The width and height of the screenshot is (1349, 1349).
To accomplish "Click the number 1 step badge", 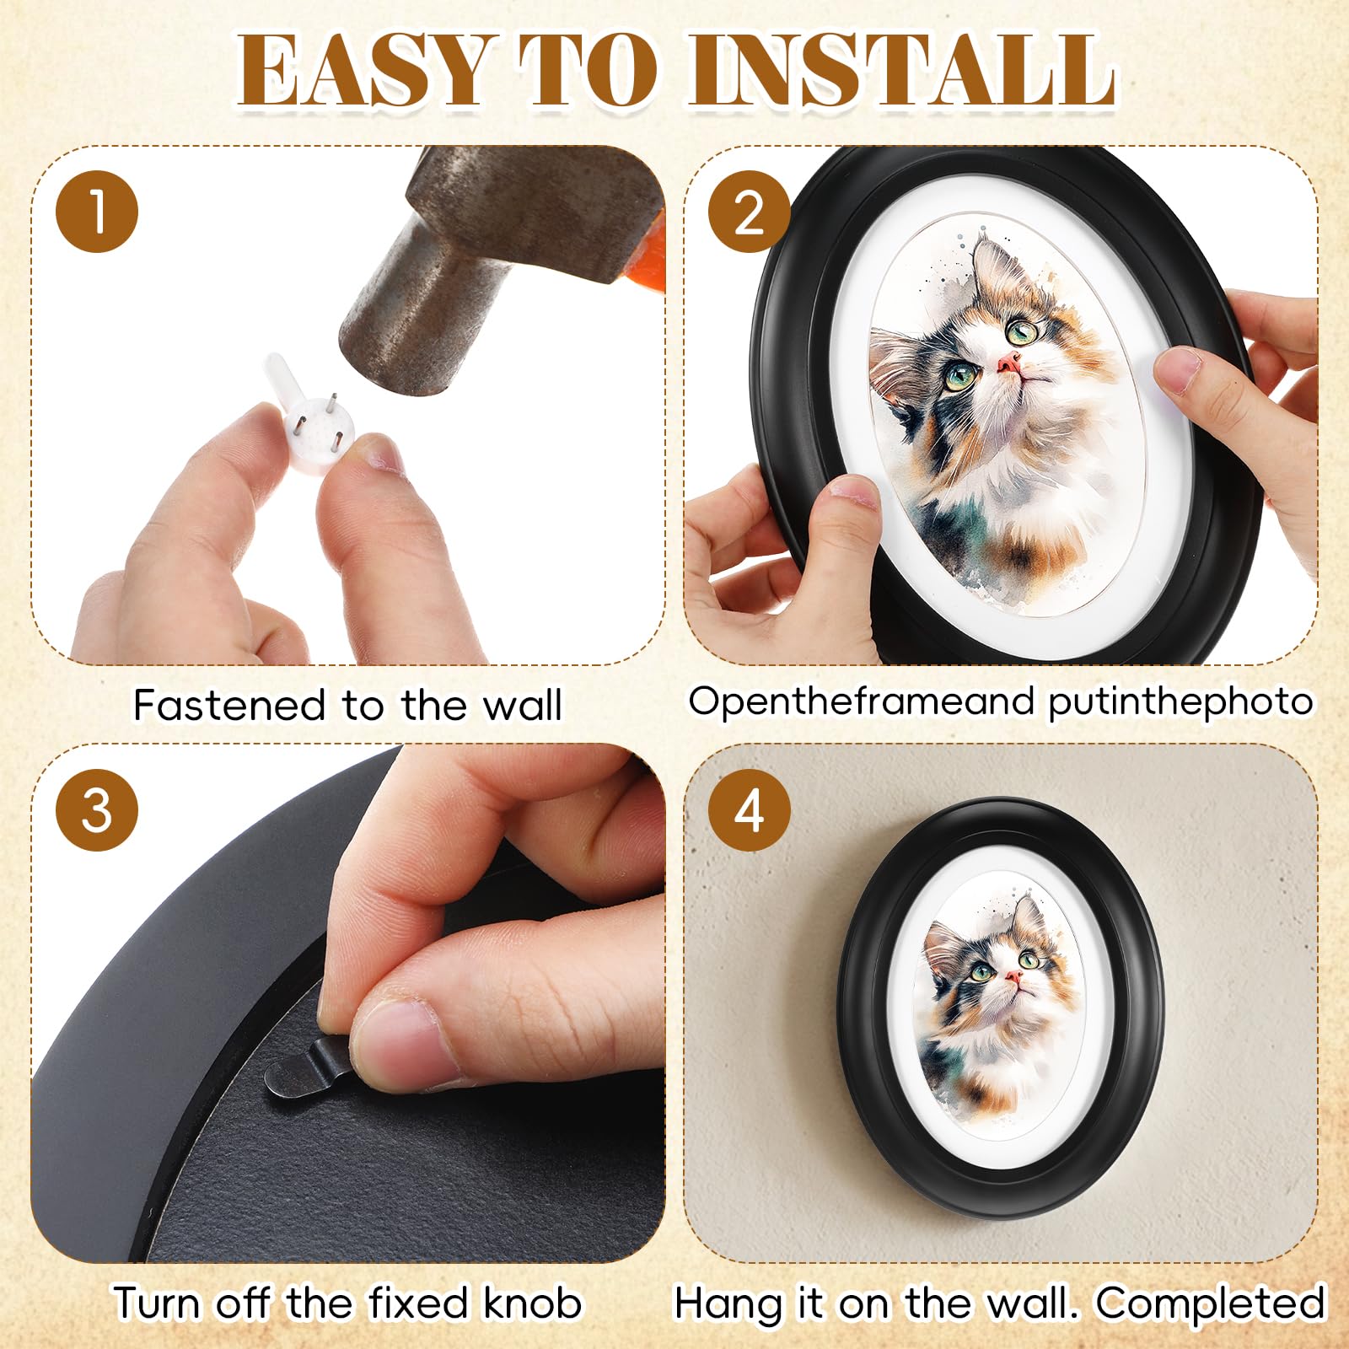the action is click(x=97, y=211).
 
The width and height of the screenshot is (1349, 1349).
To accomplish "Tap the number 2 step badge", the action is click(x=749, y=211).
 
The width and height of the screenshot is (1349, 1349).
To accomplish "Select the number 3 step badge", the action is click(x=97, y=810).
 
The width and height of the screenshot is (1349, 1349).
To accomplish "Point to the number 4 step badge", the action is click(x=749, y=810).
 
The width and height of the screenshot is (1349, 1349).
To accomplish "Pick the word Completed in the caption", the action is click(x=1211, y=1304).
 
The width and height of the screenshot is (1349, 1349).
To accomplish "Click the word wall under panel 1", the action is click(x=521, y=705).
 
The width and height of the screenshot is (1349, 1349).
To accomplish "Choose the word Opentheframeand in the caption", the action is click(x=863, y=701).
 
